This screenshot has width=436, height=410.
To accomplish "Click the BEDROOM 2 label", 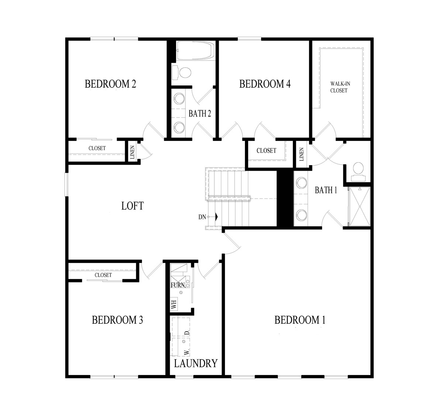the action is pos(110,84).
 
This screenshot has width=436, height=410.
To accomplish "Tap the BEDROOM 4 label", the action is pos(265,84).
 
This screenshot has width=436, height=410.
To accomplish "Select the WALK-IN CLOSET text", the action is pos(339,87).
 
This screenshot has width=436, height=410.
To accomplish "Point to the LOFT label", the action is pos(133,206).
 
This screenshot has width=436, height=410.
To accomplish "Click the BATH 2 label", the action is pos(200,114).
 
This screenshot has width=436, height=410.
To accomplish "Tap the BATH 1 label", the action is pos(326,190).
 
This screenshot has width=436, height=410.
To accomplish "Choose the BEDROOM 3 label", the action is pos(117,320).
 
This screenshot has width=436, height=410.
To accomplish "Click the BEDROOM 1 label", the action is pos(300,320).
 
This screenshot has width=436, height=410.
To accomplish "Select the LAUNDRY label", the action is pos(196,363).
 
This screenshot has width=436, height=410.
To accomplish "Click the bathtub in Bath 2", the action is pos(195,51).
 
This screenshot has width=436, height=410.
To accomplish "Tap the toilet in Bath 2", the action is pos(181,73).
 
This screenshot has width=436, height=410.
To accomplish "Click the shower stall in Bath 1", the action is pos(360,206).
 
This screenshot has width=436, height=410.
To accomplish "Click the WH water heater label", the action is pos(174,304).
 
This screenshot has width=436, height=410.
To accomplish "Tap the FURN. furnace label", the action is pos(178,285).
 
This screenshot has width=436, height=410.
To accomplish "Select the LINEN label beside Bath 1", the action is pos(301,154).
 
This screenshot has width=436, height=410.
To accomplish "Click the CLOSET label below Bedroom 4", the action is pos(266,150).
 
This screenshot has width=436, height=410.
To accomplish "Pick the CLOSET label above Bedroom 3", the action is pos(103,275).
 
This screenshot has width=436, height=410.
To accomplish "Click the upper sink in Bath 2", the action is pos(179,98).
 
